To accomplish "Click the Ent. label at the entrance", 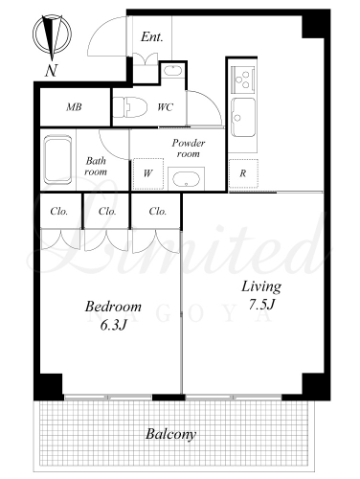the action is tap(152, 37).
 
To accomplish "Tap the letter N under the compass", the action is tap(51, 71).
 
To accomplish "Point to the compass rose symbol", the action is tap(52, 34).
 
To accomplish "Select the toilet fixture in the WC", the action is tap(130, 107).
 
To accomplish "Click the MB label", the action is tap(74, 107).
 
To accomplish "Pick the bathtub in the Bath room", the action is tap(57, 160).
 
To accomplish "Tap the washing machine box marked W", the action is tap(148, 173).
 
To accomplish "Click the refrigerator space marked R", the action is tap(243, 173).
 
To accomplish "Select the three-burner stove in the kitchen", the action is tap(243, 79).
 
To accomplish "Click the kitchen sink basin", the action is tap(243, 118).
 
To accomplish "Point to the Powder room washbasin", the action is tap(186, 179).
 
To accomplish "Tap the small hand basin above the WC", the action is tap(172, 71).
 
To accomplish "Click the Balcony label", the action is tap(170, 435).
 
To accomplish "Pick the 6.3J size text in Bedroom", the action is tap(114, 326).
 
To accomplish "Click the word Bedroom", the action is tap(113, 307).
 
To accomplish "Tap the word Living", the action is tap(261, 286).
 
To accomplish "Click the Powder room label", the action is tap(189, 148).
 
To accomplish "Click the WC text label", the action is tap(166, 107).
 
